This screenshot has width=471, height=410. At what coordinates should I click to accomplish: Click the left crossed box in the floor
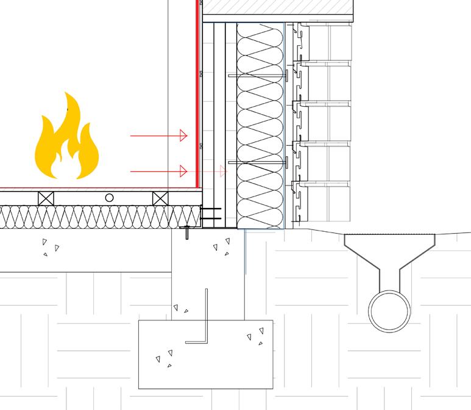pyautogui.click(x=46, y=198)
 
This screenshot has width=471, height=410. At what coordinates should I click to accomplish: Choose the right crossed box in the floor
pyautogui.click(x=160, y=198)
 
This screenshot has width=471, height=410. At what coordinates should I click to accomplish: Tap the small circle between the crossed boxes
pyautogui.click(x=109, y=198)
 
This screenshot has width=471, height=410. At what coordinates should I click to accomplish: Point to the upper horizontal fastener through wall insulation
pyautogui.click(x=256, y=75)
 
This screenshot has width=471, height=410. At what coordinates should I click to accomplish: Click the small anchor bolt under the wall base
pyautogui.click(x=188, y=232)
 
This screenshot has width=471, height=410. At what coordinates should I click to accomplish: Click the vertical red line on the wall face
pyautogui.click(x=197, y=92)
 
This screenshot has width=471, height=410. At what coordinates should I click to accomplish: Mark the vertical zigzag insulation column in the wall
pyautogui.click(x=260, y=122)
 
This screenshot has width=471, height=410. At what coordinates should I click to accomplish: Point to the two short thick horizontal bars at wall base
pyautogui.click(x=210, y=213)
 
